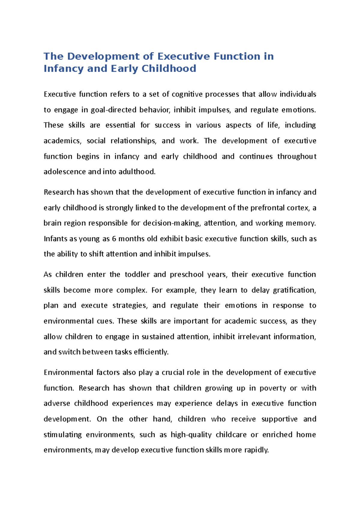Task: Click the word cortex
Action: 298,208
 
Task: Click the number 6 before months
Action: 114,239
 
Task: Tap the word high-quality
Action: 191,435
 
